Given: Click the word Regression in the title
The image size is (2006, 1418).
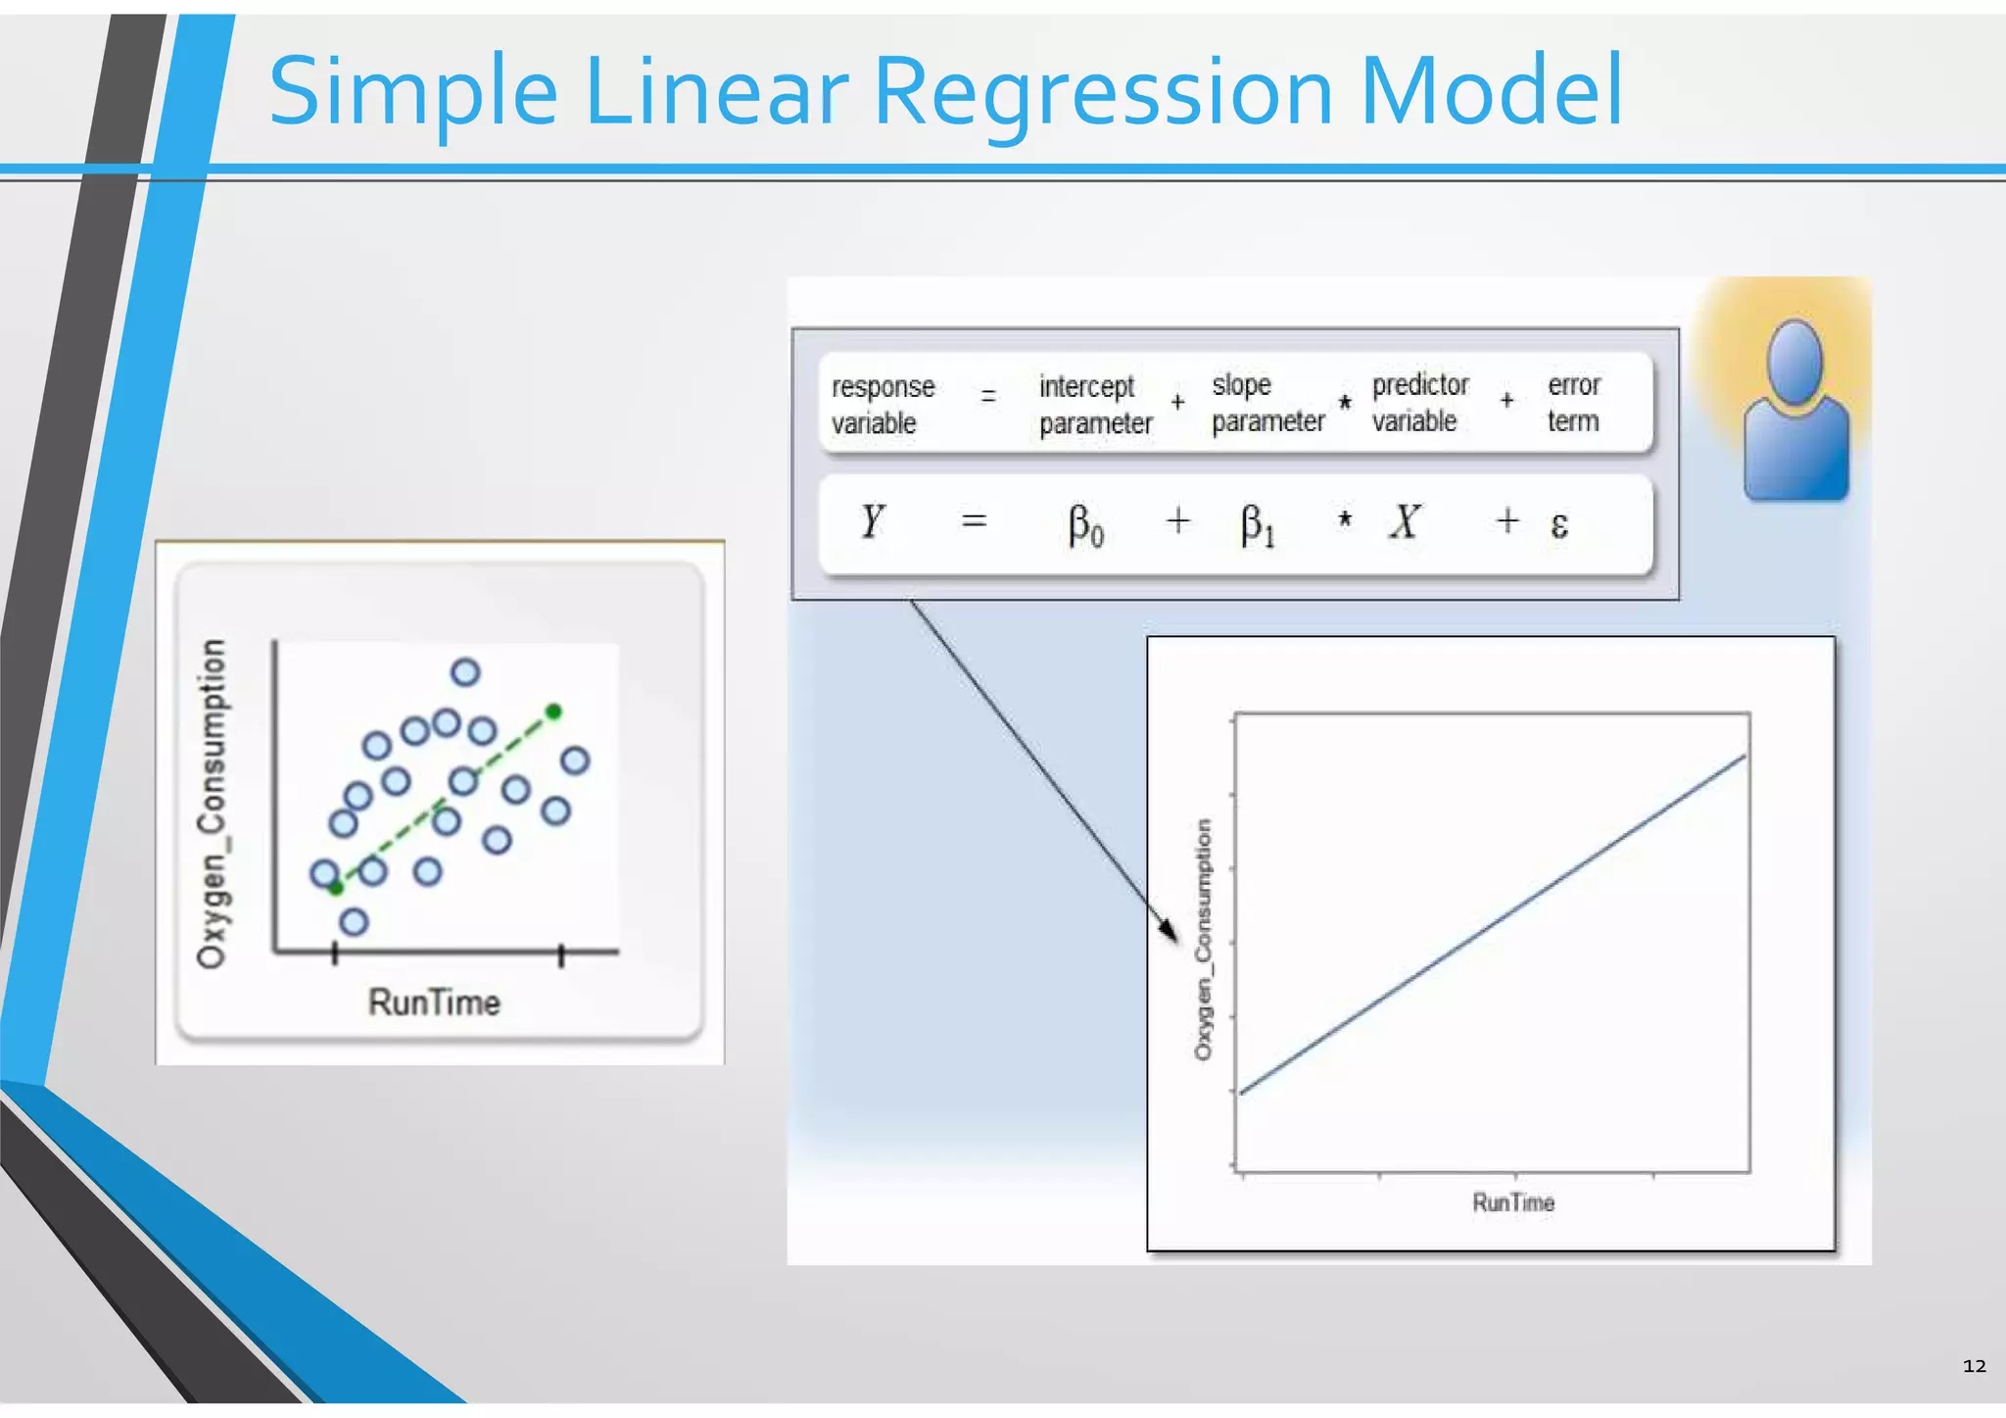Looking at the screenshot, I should [1102, 93].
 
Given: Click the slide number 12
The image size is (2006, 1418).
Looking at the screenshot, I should [1974, 1366].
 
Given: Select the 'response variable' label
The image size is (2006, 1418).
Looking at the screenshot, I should [882, 404].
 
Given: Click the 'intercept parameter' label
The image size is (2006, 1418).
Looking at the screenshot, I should [1094, 404].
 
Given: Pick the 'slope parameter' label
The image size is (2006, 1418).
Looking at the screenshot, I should [1266, 402].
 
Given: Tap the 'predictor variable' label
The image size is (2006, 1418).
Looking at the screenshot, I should [1419, 402].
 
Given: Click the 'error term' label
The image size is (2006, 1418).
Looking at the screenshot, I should [1573, 402].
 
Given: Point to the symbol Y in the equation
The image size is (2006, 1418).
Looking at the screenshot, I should [872, 521].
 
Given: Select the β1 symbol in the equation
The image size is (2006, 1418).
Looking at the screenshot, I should [1257, 525].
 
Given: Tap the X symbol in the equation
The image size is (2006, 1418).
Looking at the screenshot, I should [1405, 521].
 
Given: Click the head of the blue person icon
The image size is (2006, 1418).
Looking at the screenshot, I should [1794, 361].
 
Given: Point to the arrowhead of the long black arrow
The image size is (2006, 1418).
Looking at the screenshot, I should [1170, 931].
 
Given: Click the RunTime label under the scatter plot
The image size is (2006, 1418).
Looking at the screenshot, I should [434, 1002].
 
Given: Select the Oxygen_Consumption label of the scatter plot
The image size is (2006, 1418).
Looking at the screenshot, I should [212, 804].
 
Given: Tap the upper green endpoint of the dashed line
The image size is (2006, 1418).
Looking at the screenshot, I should [553, 711].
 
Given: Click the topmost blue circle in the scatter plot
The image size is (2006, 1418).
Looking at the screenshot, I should [465, 672].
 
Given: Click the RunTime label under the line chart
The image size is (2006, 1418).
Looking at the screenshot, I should [1513, 1202].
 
